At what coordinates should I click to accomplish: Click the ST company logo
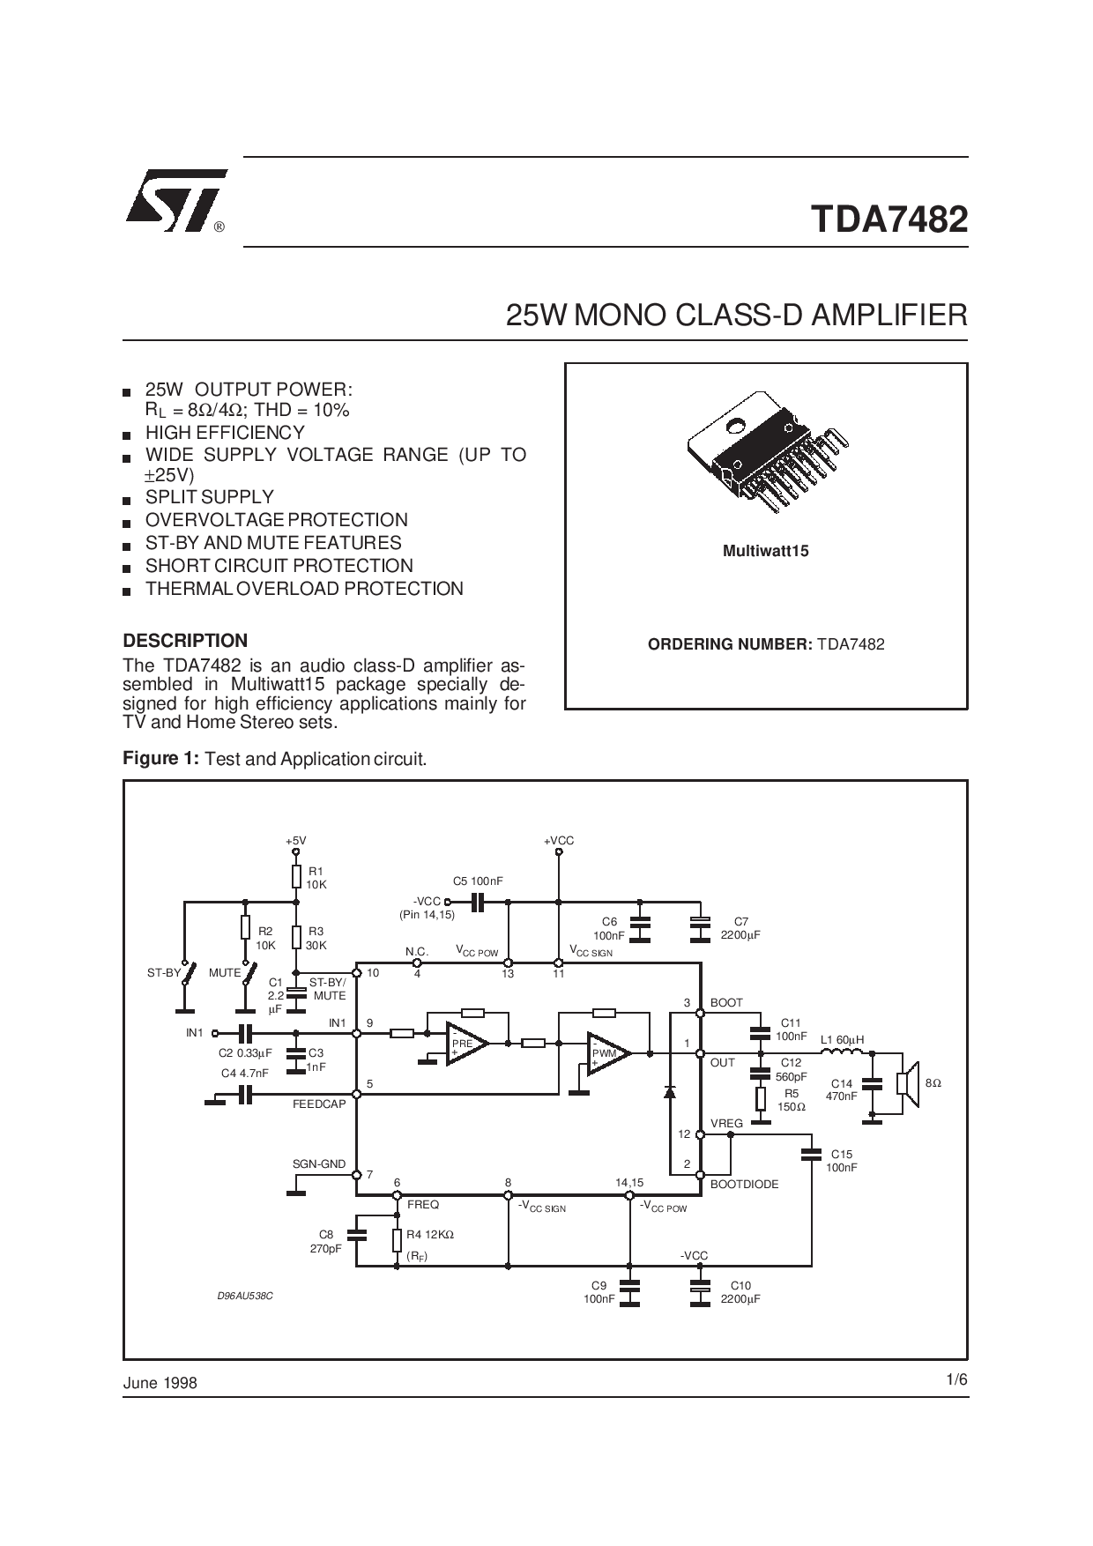click(x=176, y=201)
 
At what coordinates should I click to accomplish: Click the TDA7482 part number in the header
click(x=889, y=219)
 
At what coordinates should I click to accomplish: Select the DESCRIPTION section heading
click(x=185, y=641)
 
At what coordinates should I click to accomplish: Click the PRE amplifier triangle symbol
click(x=465, y=1044)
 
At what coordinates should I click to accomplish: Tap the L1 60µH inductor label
click(x=843, y=1040)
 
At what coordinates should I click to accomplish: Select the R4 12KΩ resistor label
click(x=430, y=1235)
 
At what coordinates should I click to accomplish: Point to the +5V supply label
click(x=296, y=841)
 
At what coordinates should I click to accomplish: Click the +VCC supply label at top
click(x=559, y=841)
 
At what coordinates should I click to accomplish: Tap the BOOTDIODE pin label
click(x=745, y=1185)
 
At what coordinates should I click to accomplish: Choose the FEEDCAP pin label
click(x=319, y=1104)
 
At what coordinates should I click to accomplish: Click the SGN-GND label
click(x=319, y=1164)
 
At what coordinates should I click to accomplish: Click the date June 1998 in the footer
click(x=160, y=1383)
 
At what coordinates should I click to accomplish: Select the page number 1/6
click(x=957, y=1380)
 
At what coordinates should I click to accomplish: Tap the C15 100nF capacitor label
click(x=841, y=1161)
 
